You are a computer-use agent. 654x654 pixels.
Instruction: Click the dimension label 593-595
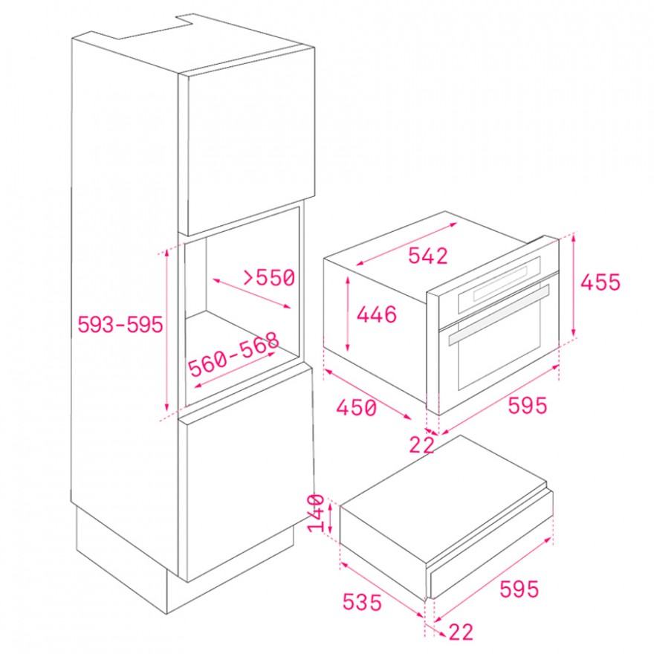click(x=120, y=324)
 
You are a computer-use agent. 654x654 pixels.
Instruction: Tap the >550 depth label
click(x=269, y=277)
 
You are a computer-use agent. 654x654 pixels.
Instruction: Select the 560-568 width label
click(x=233, y=354)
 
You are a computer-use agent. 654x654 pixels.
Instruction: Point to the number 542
click(x=427, y=256)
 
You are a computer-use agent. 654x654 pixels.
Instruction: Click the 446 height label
click(x=376, y=314)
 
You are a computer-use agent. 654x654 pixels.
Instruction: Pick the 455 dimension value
click(x=600, y=282)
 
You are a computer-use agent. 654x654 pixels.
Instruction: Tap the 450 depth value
click(x=357, y=407)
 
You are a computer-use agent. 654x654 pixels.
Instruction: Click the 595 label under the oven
click(x=527, y=406)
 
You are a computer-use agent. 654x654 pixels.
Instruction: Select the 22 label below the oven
click(x=421, y=445)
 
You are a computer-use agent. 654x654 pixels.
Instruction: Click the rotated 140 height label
click(x=316, y=514)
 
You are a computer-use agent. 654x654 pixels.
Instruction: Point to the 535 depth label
click(x=362, y=602)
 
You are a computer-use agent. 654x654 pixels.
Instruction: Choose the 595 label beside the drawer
click(x=519, y=589)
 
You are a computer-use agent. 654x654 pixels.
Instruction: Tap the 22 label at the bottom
click(x=461, y=632)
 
